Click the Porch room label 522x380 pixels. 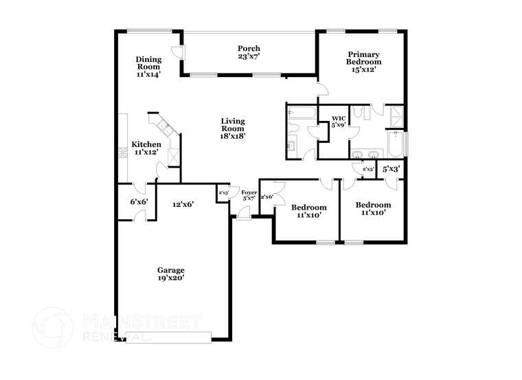click(x=249, y=48)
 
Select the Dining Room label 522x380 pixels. click(x=148, y=63)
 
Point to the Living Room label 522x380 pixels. click(x=233, y=124)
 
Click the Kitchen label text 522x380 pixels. click(x=146, y=144)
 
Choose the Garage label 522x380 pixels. click(x=171, y=270)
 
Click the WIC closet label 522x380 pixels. click(x=338, y=119)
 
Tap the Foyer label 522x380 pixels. click(x=249, y=192)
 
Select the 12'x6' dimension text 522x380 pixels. click(x=183, y=204)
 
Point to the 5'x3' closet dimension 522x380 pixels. click(x=391, y=168)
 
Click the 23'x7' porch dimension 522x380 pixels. click(x=249, y=56)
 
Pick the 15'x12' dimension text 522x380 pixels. click(x=363, y=69)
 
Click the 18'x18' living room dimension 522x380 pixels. click(x=233, y=136)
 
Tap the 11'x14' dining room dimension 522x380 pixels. click(x=148, y=74)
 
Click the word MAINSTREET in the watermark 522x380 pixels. click(x=141, y=322)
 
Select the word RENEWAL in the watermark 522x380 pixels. click(x=115, y=337)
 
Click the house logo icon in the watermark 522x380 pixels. click(x=53, y=327)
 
